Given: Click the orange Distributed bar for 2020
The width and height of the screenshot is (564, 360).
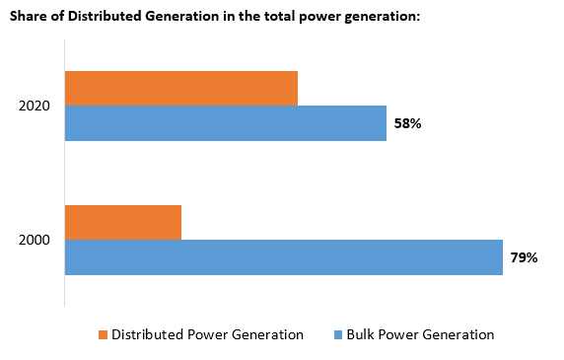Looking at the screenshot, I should [181, 88].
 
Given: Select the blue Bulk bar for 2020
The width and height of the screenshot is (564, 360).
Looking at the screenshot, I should [226, 123].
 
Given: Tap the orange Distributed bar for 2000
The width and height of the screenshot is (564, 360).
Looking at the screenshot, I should [123, 222].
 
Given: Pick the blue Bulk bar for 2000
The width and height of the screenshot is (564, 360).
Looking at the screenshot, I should [284, 257].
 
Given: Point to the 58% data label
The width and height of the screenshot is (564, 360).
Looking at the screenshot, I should [407, 123].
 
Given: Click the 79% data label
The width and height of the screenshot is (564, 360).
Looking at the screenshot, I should [524, 257].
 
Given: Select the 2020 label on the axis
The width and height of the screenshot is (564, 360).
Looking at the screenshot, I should [35, 106].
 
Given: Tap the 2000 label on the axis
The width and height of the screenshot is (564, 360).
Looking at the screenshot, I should [35, 240].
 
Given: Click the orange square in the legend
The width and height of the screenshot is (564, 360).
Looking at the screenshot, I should [102, 334].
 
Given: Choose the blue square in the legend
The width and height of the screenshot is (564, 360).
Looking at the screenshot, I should [337, 334].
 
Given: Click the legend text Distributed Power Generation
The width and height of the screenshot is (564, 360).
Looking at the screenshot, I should [207, 334].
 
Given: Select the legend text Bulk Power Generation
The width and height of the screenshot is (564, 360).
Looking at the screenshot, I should [420, 334].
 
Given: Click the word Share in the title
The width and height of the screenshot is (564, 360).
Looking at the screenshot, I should [29, 13].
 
